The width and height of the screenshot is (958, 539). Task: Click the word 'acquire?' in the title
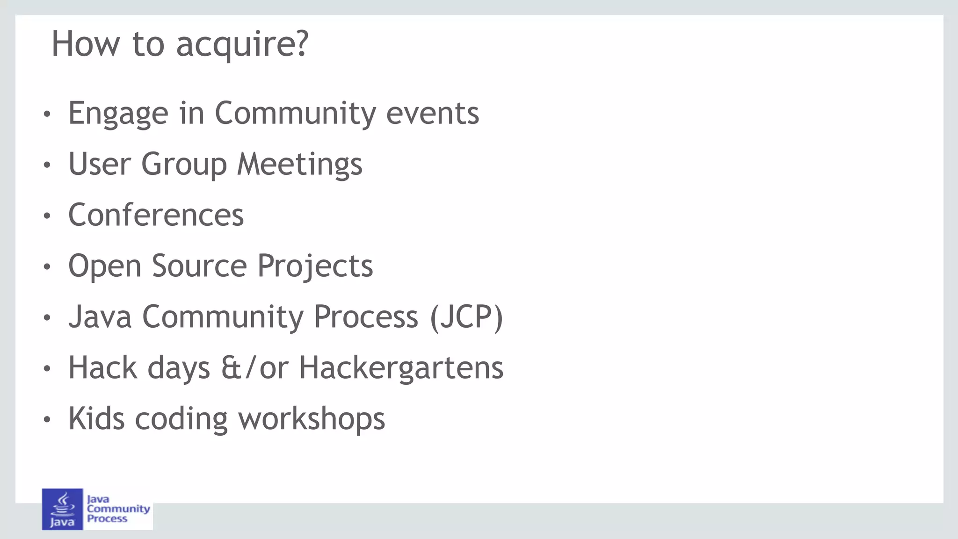click(242, 44)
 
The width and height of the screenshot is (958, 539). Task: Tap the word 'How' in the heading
click(85, 44)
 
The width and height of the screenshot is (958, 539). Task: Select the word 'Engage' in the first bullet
click(118, 114)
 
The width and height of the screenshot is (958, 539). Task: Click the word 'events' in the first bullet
click(432, 114)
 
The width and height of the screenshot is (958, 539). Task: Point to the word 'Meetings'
click(299, 165)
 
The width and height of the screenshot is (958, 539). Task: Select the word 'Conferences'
click(156, 216)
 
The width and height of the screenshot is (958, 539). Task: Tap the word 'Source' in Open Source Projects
click(199, 266)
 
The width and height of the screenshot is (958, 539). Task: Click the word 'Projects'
click(315, 266)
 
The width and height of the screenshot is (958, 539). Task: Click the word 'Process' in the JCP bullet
click(365, 317)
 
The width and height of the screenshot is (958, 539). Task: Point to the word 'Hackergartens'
click(401, 368)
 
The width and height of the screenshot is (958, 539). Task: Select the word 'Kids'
click(96, 419)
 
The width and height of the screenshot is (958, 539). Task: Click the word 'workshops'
click(312, 419)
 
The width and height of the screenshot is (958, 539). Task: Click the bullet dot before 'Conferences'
click(46, 216)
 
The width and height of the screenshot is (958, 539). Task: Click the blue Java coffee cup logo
click(62, 509)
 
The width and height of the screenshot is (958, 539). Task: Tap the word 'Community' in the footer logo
click(118, 509)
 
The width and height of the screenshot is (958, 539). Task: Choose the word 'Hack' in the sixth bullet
click(102, 368)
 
